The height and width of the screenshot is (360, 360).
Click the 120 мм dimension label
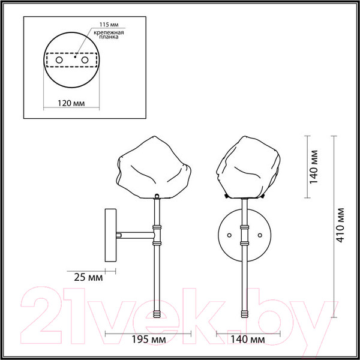(x=71, y=103)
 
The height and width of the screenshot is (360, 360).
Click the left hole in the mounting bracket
(x=59, y=61)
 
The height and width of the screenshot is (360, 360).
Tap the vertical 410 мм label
(x=341, y=225)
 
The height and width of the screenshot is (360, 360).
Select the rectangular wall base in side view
(x=111, y=235)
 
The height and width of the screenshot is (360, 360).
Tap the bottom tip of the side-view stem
(x=157, y=314)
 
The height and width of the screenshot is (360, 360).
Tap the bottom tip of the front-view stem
(x=245, y=314)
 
